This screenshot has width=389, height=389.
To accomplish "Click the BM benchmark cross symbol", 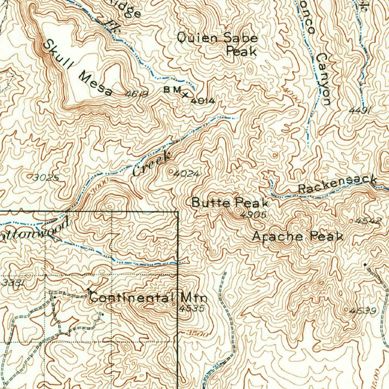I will click(185, 94).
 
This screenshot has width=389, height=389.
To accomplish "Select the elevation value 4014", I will click(203, 101).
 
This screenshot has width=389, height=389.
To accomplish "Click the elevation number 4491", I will click(360, 111).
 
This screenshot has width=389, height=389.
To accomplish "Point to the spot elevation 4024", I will click(186, 174).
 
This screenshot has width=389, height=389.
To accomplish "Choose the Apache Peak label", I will click(298, 236).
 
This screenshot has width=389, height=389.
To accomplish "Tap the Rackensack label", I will click(337, 184).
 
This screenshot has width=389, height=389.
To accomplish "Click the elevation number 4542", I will click(369, 220).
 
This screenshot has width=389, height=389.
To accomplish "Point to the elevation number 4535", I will click(192, 308).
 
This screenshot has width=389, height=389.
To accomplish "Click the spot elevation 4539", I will click(364, 311).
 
